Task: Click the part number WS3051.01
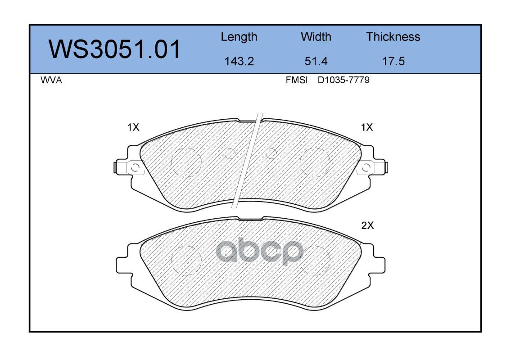pyautogui.click(x=114, y=49)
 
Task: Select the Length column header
pyautogui.click(x=239, y=37)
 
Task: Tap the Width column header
pyautogui.click(x=316, y=37)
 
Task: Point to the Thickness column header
pyautogui.click(x=393, y=37)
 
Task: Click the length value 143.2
pyautogui.click(x=239, y=61)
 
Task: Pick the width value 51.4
pyautogui.click(x=316, y=61)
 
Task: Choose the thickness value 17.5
pyautogui.click(x=393, y=61)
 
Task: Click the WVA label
pyautogui.click(x=51, y=80)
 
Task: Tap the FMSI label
pyautogui.click(x=297, y=80)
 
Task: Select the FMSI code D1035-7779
pyautogui.click(x=344, y=80)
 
